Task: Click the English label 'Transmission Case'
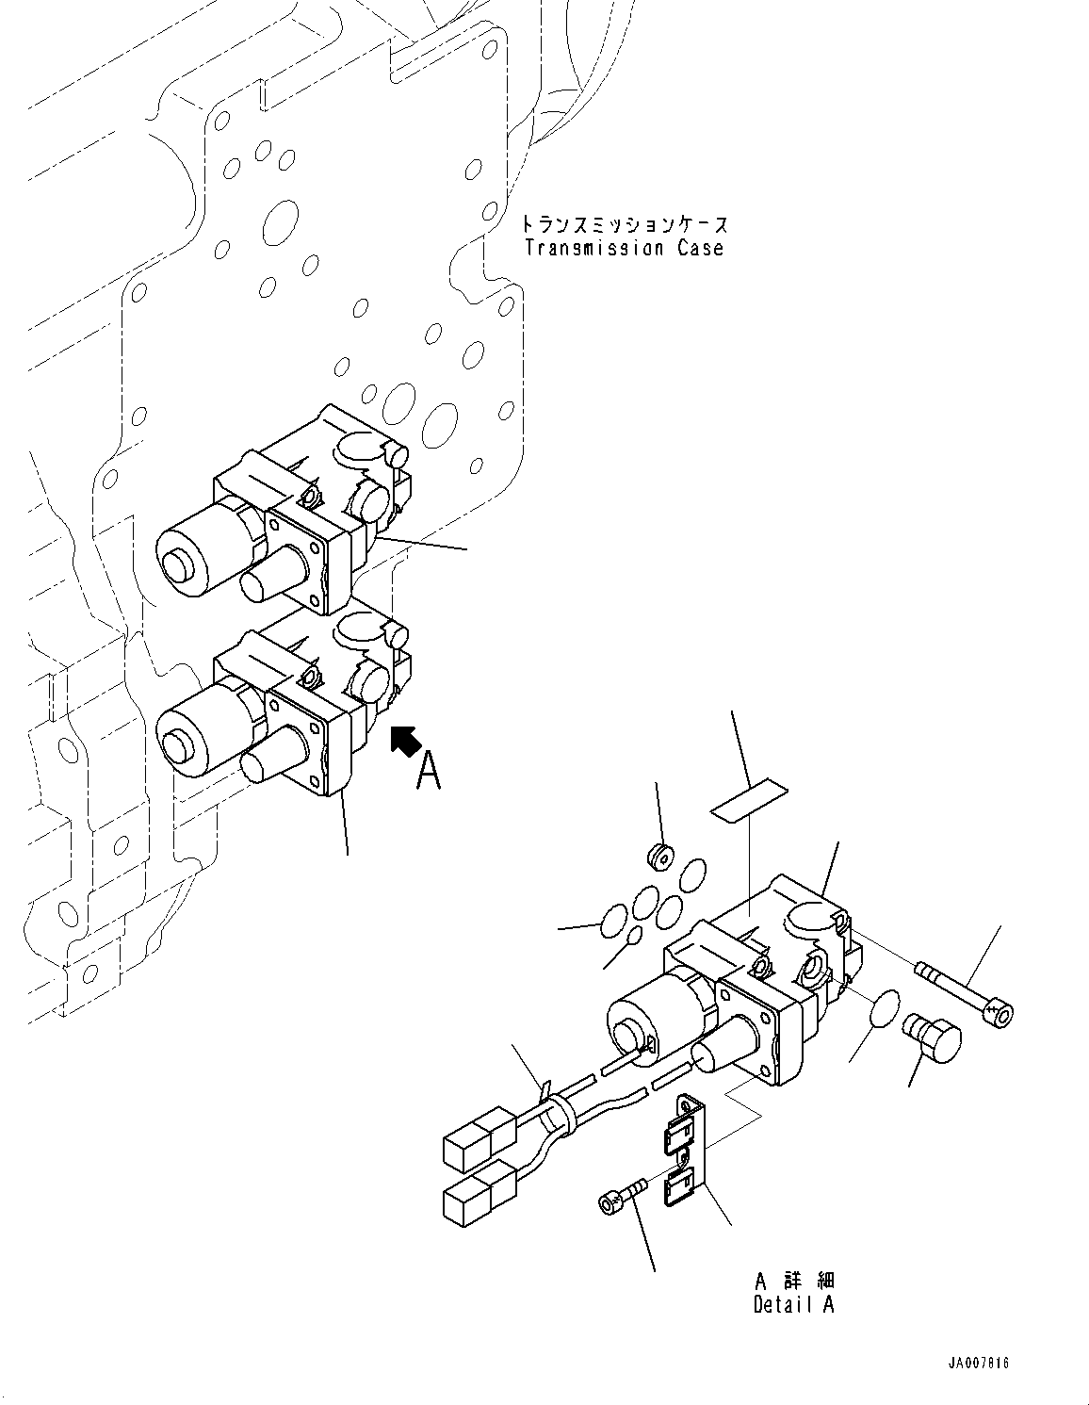tap(624, 249)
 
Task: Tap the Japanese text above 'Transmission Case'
tap(624, 225)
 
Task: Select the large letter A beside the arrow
tap(429, 770)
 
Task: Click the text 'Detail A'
tap(793, 1305)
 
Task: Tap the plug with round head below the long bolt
tap(931, 1036)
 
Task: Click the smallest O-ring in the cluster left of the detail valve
tap(635, 935)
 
